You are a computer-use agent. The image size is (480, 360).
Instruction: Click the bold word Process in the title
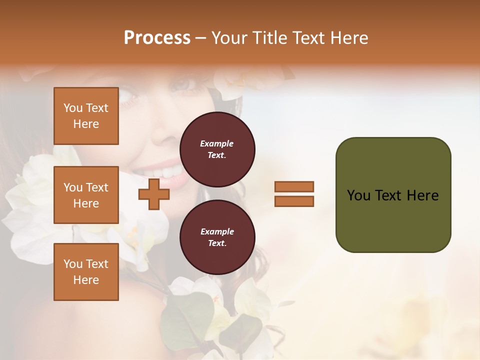(157, 38)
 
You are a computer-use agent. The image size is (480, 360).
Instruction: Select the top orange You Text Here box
(86, 116)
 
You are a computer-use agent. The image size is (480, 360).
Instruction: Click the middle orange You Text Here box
(86, 195)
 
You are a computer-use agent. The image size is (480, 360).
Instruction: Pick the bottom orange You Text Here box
(86, 272)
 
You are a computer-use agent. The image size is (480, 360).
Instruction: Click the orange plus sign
(154, 194)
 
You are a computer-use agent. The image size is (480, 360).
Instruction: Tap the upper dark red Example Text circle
(217, 149)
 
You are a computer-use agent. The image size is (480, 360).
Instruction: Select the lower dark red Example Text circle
(217, 237)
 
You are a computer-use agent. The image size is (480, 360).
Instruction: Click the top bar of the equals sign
(294, 186)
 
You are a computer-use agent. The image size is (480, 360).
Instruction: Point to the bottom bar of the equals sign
(294, 201)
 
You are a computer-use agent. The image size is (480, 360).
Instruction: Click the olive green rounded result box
(393, 195)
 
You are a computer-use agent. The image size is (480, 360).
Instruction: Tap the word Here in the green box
(422, 195)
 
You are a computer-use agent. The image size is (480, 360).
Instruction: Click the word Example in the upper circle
(217, 143)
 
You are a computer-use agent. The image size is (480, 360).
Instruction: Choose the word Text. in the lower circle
(217, 243)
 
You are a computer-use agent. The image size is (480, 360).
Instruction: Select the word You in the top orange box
(73, 108)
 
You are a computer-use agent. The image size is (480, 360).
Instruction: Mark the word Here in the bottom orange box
(86, 280)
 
